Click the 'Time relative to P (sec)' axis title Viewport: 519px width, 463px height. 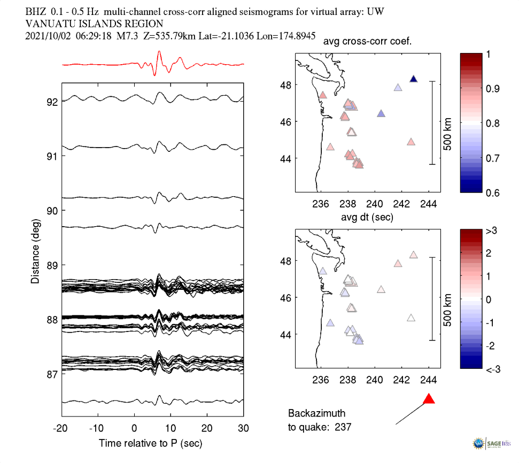151,444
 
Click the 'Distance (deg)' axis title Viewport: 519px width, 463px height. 35,251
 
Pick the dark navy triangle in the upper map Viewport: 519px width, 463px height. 413,79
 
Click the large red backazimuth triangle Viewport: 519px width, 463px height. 429,399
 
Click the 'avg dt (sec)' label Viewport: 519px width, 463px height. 368,218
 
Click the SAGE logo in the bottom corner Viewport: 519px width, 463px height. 494,443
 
